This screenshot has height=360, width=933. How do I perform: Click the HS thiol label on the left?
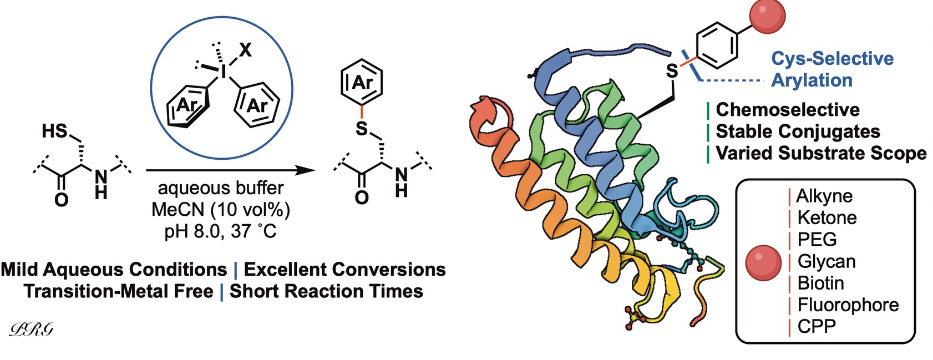54,131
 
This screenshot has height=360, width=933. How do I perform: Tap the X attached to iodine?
245,50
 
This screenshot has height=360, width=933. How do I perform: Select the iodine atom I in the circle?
225,71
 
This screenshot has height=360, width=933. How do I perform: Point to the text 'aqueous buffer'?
221,188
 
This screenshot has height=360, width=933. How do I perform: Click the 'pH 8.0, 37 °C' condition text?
221,231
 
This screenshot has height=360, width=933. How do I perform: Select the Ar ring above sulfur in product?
362,83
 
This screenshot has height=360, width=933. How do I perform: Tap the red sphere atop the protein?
767,16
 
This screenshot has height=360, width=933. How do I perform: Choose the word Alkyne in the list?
824,196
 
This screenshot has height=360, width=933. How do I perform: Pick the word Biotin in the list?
820,283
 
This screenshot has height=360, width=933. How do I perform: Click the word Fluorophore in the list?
848,305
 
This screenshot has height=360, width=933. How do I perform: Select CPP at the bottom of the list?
816,326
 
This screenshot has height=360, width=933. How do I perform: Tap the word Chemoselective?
788,109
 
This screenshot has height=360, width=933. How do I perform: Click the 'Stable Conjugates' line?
798,131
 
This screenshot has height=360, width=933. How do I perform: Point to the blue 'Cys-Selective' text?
832,58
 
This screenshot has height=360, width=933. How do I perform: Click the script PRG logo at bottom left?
32,329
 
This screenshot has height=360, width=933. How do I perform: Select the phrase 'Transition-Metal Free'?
119,291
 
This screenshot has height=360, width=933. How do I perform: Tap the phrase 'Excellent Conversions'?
344,270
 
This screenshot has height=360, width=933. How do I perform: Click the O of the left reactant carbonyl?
61,199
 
